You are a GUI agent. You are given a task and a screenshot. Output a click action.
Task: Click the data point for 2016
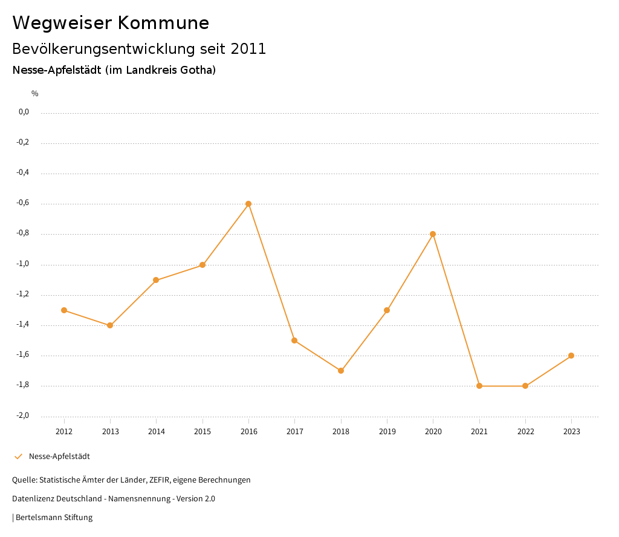coord(248,204)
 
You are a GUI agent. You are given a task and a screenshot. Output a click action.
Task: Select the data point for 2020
coord(433,234)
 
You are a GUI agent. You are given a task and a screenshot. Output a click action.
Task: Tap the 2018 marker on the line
coord(341,371)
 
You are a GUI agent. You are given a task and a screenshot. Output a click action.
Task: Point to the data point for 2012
coord(64,310)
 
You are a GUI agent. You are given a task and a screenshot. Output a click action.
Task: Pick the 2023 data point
coord(571,356)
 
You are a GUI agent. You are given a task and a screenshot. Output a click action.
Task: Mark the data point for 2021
coord(479,386)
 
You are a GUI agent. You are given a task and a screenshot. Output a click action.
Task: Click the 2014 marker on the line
coord(156,280)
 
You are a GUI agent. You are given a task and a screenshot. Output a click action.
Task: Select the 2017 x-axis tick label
coord(294,432)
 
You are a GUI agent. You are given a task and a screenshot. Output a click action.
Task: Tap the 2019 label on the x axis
coord(387,432)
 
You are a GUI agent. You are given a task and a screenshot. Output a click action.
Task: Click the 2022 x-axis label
coord(525,432)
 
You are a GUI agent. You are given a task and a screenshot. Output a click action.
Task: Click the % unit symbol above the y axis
coord(35,94)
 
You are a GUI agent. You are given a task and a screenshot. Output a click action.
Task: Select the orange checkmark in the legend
coord(18,457)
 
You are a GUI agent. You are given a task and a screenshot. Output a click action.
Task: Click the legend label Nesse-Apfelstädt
coord(59,457)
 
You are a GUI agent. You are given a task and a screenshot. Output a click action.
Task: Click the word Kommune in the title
coord(163,23)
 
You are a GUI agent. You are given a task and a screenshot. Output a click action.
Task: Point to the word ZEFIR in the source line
coord(160,480)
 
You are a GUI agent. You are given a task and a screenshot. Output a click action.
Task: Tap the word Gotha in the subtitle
coord(195,70)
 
